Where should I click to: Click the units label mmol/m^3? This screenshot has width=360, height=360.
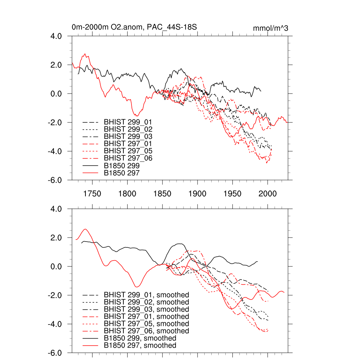pos(270,28)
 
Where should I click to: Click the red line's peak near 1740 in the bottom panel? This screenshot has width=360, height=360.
pos(85,229)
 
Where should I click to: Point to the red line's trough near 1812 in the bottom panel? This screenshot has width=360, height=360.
pos(137,287)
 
